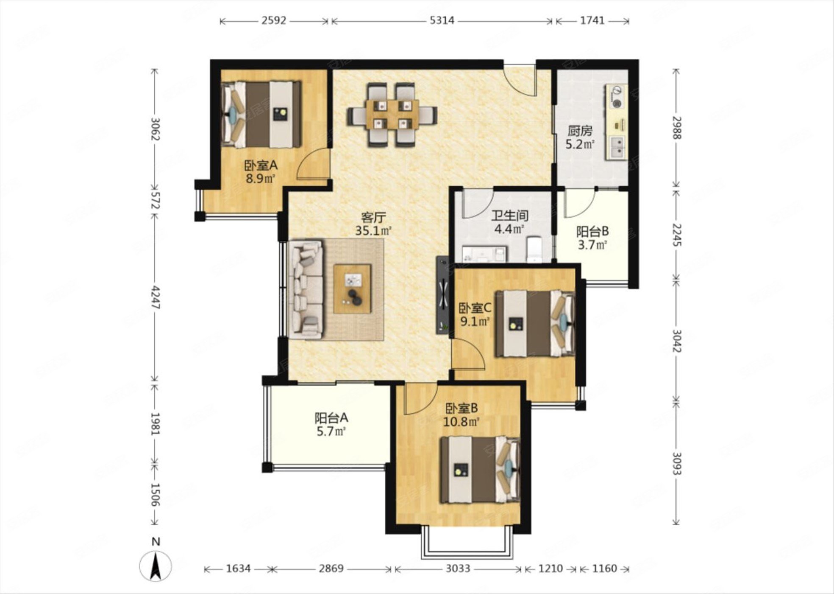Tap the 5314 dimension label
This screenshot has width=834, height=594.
click(442, 20)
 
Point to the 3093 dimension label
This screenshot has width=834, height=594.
click(677, 463)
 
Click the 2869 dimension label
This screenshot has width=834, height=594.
click(331, 568)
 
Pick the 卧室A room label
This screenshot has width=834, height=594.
click(260, 165)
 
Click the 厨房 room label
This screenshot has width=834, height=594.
click(580, 131)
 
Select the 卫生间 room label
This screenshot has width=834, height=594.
click(509, 216)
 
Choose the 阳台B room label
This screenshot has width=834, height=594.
click(592, 231)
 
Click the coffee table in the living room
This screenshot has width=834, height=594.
click(353, 289)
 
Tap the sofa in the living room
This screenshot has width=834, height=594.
click(306, 290)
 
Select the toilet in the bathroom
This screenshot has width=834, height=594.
click(534, 249)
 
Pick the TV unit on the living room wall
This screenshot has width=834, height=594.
click(442, 294)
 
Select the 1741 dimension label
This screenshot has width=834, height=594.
click(592, 20)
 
